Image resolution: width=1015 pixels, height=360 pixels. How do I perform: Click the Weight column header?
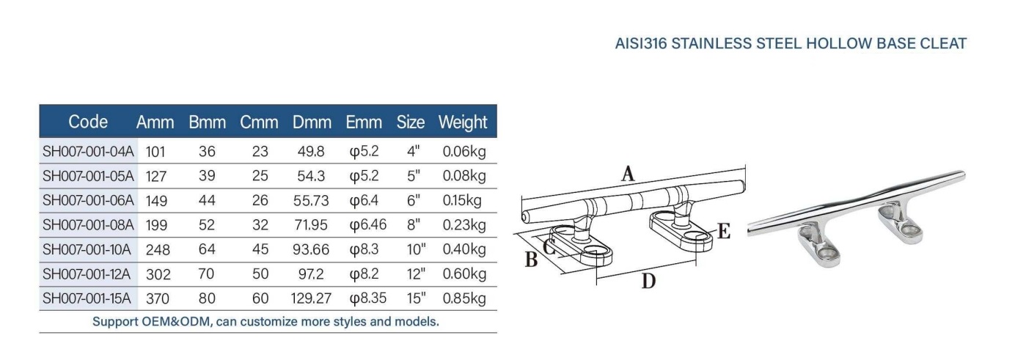463,122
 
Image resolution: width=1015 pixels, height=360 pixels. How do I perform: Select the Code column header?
88,122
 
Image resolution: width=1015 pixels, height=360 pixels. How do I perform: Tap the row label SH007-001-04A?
88,151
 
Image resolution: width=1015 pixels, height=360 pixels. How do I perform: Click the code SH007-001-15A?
87,298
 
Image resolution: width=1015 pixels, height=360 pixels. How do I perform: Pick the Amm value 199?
156,225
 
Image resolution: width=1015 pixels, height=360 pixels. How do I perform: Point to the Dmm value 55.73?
311,201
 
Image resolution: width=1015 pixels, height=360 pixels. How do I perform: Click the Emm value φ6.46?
368,224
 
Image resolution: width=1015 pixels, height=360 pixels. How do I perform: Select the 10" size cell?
416,249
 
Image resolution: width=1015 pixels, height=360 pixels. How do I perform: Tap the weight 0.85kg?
464,298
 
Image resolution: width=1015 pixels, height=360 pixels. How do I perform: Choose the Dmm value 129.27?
311,298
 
